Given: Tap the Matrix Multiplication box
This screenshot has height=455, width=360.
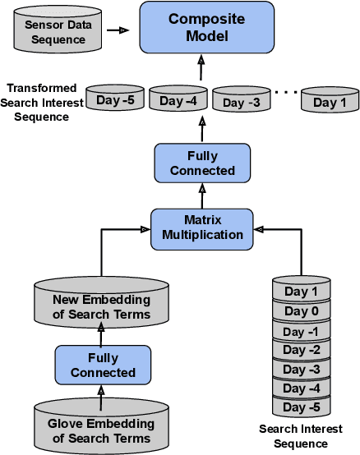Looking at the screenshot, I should point(202,227).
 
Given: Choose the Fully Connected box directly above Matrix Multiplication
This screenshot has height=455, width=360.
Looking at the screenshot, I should point(202,163).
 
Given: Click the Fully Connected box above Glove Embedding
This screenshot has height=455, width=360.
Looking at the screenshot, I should point(103,365).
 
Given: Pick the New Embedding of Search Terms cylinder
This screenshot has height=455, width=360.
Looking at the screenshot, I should point(100,307).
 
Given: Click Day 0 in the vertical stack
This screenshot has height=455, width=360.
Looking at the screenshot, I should point(300,311).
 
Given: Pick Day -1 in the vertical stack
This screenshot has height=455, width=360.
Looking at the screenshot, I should point(300,331).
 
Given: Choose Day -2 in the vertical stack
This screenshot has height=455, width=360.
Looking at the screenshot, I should point(300,350).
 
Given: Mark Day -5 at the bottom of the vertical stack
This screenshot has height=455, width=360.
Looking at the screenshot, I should point(300,407).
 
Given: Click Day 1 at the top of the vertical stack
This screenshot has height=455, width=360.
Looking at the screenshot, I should point(300,292).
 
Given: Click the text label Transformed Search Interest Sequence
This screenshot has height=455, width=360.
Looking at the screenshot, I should point(42,102).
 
